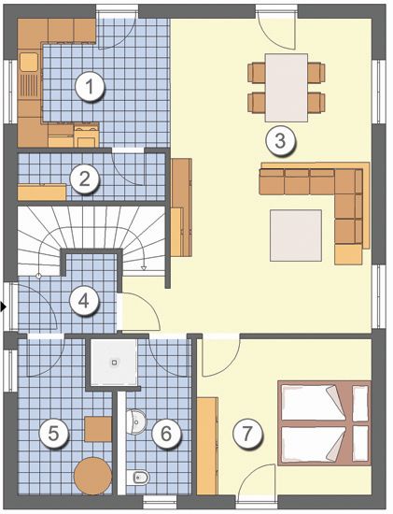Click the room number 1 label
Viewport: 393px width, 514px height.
click(89, 87)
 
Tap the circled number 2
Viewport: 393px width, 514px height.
click(85, 179)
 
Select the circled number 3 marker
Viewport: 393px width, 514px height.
click(280, 141)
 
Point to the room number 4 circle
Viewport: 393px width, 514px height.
click(84, 301)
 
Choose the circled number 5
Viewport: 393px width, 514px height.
click(53, 434)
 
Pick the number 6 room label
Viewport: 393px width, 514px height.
click(166, 434)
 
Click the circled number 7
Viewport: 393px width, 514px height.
click(247, 433)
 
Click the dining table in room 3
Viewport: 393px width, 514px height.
click(287, 88)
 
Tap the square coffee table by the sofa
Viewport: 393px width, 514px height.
click(296, 236)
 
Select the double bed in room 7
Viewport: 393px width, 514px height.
click(324, 422)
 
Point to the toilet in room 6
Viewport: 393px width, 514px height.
click(138, 477)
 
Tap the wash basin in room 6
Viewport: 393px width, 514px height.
click(136, 421)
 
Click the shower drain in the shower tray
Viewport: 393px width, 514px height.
click(114, 363)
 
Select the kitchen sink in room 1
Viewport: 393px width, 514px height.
click(29, 62)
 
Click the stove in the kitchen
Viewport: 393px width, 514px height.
click(86, 136)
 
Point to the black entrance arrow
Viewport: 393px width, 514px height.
click(4, 307)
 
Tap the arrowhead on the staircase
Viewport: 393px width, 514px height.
click(144, 268)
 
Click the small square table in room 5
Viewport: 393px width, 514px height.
click(98, 429)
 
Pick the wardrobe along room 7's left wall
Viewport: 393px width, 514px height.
click(207, 446)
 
